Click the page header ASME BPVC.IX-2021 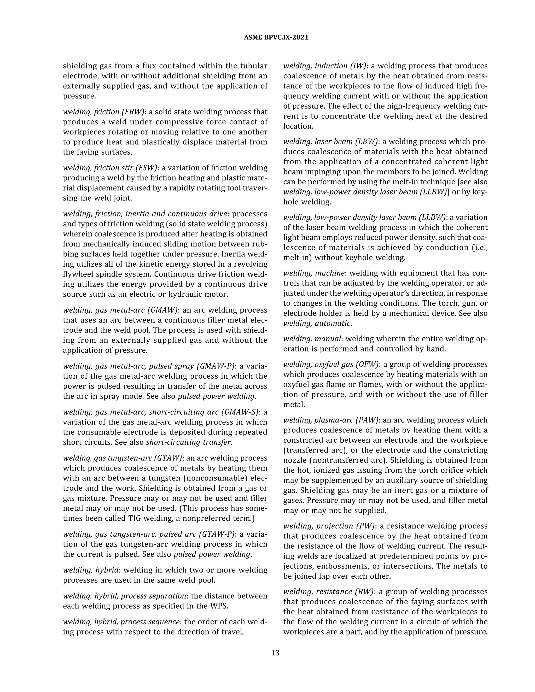click(276, 37)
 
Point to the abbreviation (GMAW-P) click(216, 366)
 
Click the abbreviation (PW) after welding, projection click(365, 526)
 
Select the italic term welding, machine click(314, 273)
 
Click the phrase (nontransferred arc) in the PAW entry click(336, 460)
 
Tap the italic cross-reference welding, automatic click(317, 324)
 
